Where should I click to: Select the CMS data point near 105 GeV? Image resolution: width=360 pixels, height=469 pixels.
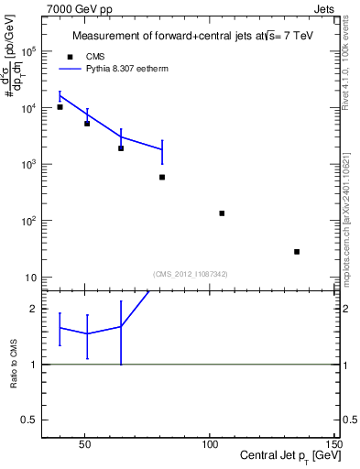coord(222,213)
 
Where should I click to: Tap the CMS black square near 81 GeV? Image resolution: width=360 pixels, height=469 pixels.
coord(162,177)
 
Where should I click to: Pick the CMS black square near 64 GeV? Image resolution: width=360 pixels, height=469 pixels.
coord(121,148)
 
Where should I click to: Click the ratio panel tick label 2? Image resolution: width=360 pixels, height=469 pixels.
coord(35,309)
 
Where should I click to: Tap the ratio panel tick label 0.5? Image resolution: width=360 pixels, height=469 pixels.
coord(31,420)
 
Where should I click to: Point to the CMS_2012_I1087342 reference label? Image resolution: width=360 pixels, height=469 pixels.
coord(191,274)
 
